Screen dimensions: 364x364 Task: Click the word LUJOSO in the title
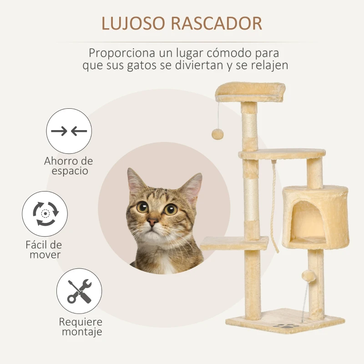tap(133, 23)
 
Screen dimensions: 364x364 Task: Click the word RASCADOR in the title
tap(217, 23)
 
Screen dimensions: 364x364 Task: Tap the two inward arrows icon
tap(69, 131)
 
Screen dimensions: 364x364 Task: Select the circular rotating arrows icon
tap(45, 213)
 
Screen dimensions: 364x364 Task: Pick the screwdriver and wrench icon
tap(79, 291)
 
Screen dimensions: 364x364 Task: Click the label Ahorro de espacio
tap(69, 166)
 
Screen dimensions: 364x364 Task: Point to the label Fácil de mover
tap(44, 249)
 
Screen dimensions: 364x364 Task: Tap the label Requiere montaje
tap(81, 327)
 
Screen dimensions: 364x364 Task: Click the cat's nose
tap(152, 222)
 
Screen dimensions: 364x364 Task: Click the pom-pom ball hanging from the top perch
tap(217, 134)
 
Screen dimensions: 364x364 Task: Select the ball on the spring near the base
tap(309, 276)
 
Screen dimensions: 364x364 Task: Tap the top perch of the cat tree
tap(250, 92)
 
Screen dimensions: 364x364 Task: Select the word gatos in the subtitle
tap(142, 66)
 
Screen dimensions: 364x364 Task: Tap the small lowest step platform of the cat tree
tap(234, 243)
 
